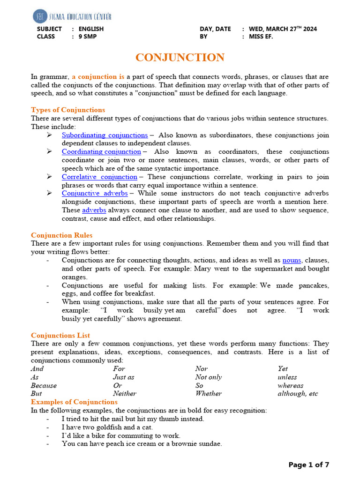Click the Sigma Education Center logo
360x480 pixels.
pos(72,16)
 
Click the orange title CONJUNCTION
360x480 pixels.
pos(180,58)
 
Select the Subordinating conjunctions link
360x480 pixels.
pos(105,135)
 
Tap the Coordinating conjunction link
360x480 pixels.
pos(101,151)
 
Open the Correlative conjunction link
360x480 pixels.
pos(99,177)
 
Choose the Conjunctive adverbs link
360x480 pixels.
pos(95,193)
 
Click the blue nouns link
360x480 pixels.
pos(292,260)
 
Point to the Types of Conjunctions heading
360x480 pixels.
pos(68,110)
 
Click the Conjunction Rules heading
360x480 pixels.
pos(62,235)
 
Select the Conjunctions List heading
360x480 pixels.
pos(60,336)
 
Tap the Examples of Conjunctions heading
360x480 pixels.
pos(74,402)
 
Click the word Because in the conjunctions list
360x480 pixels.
pos(44,386)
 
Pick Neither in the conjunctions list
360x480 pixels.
pos(125,394)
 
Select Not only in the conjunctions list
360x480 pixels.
pos(209,377)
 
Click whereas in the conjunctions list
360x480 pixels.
pos(290,386)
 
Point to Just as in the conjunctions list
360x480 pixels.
pos(123,377)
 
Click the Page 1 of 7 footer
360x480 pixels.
pos(308,465)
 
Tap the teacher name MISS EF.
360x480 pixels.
pos(262,37)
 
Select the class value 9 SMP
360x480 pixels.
pos(88,37)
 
